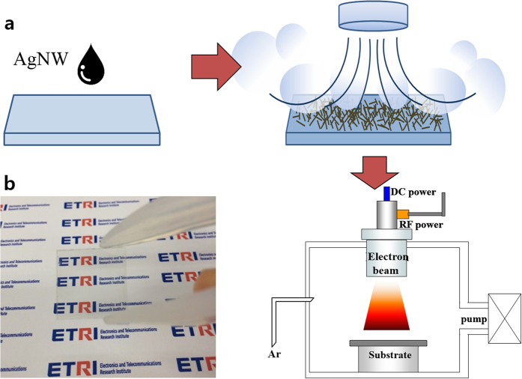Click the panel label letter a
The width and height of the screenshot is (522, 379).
(10, 24)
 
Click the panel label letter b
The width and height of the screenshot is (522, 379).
(10, 181)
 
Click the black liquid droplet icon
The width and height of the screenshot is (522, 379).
(93, 66)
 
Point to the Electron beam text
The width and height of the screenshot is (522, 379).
(386, 261)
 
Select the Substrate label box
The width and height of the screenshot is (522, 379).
(386, 356)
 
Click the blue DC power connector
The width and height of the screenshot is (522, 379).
(387, 193)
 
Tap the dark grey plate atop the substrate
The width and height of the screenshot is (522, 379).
(386, 342)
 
